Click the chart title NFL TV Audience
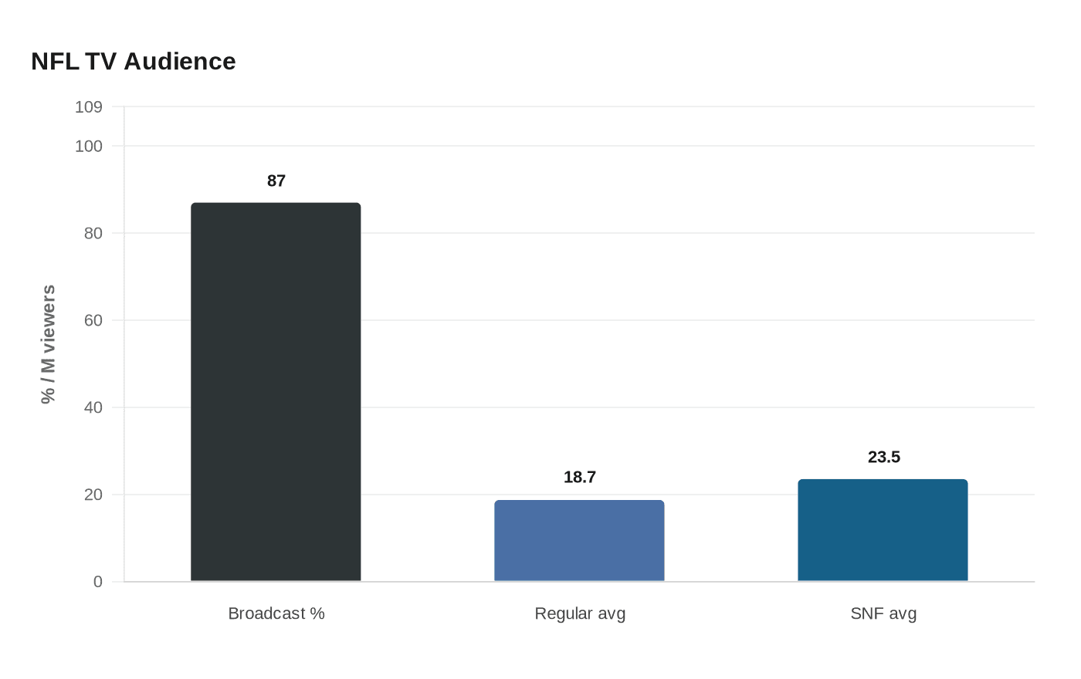point(134,62)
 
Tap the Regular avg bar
point(579,541)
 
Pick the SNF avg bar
point(883,530)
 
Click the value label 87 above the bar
point(276,181)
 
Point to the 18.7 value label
point(580,477)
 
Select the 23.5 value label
point(884,457)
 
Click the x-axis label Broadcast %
point(276,613)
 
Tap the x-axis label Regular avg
point(580,613)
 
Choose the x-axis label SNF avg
point(883,613)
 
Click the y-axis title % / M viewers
point(48,344)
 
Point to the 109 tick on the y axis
point(89,107)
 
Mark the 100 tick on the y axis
point(89,146)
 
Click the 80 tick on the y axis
point(93,233)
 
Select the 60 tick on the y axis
point(93,320)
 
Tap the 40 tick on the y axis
point(93,407)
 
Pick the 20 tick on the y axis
point(93,495)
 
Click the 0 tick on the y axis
point(98,582)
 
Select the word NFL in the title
point(55,62)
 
